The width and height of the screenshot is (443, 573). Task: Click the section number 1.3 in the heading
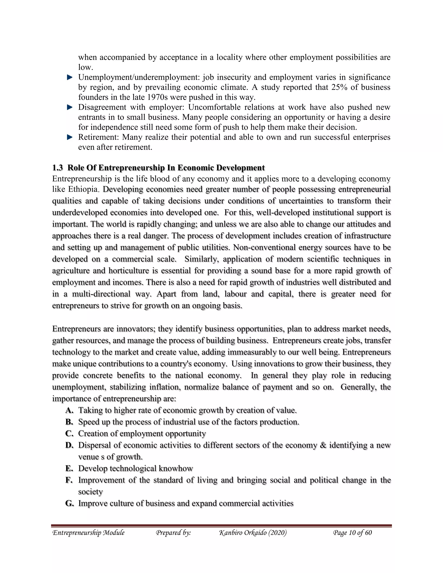pos(58,168)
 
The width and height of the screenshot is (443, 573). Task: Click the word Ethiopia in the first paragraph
pos(83,189)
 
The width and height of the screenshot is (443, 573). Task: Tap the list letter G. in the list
pos(70,503)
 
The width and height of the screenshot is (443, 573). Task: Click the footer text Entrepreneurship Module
pos(88,533)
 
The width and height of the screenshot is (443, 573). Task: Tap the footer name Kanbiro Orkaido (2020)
pos(253,533)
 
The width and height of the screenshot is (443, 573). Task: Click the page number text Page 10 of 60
pos(352,533)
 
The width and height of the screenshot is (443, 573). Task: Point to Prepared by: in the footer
pos(173,533)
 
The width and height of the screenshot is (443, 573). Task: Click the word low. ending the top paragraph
pos(86,67)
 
